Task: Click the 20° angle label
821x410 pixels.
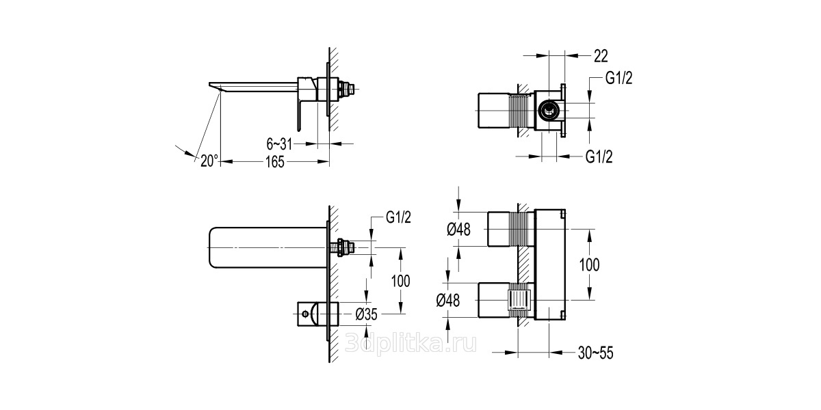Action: pos(209,161)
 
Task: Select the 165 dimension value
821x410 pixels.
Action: pos(275,162)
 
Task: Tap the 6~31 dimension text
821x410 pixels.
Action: pos(279,145)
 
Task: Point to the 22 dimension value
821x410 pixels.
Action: pos(601,56)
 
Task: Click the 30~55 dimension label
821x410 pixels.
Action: pos(596,353)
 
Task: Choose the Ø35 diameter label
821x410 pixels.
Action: pos(366,314)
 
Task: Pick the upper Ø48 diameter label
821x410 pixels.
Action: pos(458,230)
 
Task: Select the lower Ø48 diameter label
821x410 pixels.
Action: pos(448,301)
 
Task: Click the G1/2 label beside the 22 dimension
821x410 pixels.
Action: pos(618,78)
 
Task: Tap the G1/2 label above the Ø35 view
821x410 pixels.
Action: pos(398,217)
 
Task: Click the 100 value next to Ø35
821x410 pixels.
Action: pos(400,281)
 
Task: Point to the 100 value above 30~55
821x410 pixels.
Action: pos(589,264)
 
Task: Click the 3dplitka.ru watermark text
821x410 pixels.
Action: pos(411,343)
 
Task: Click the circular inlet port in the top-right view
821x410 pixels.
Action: pos(549,110)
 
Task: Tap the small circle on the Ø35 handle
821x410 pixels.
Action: pos(304,314)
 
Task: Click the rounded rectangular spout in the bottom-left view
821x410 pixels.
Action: pos(268,248)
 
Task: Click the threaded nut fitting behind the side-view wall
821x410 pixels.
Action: pos(345,89)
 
